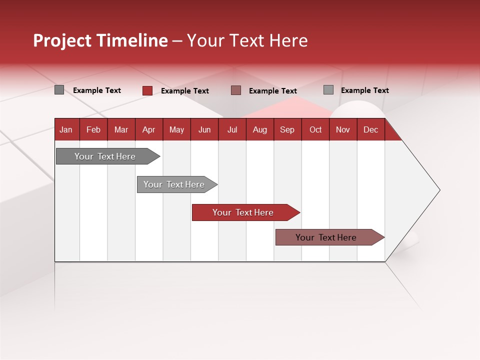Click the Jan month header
pyautogui.click(x=66, y=129)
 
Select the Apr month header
pyautogui.click(x=149, y=129)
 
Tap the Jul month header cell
pyautogui.click(x=232, y=129)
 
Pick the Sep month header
pyautogui.click(x=287, y=129)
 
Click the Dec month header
pyautogui.click(x=370, y=129)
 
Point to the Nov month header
pyautogui.click(x=343, y=129)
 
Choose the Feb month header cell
pyautogui.click(x=93, y=129)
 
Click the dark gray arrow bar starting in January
pyautogui.click(x=105, y=156)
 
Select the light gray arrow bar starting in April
pyautogui.click(x=174, y=184)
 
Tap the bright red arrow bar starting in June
pyautogui.click(x=243, y=212)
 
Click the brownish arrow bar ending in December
pyautogui.click(x=326, y=237)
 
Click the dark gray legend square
pyautogui.click(x=59, y=90)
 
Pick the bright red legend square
pyautogui.click(x=147, y=90)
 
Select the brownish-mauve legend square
pyautogui.click(x=236, y=90)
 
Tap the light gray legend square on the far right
pyautogui.click(x=328, y=90)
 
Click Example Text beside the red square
pyautogui.click(x=184, y=91)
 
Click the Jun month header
pyautogui.click(x=204, y=129)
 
